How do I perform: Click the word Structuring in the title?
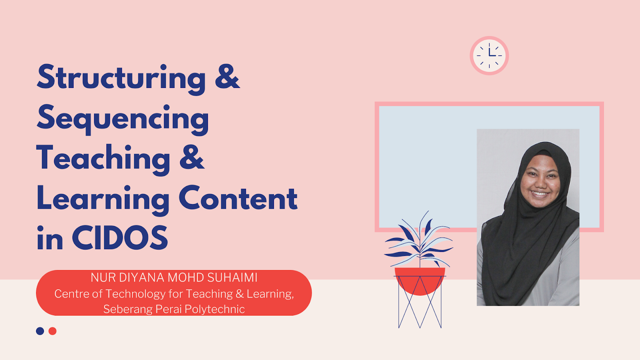(x=121, y=78)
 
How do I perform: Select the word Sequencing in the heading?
(x=123, y=119)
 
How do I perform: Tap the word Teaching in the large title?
(x=104, y=159)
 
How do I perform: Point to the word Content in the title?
(x=238, y=198)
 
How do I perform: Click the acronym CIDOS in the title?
(x=120, y=238)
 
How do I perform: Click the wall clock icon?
(x=489, y=56)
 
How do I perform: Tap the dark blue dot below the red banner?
(x=40, y=331)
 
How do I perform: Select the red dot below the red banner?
(x=52, y=331)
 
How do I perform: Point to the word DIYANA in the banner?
(x=142, y=277)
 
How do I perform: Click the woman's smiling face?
(x=540, y=182)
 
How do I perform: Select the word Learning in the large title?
(x=103, y=199)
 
